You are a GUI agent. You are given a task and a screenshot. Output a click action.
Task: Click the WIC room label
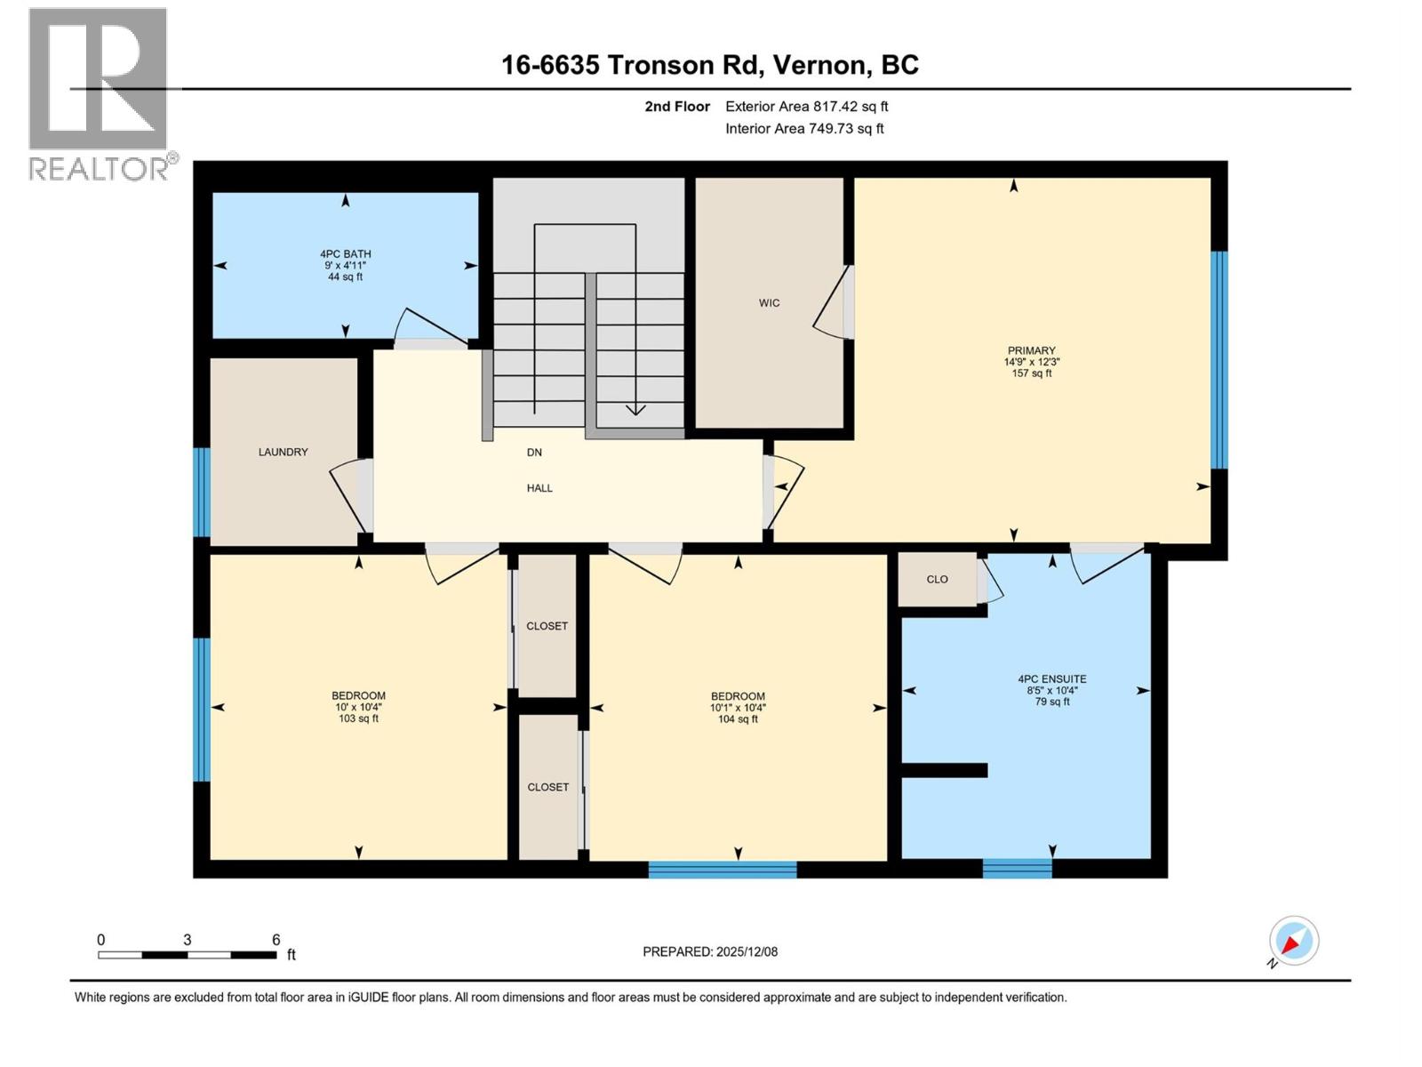(769, 303)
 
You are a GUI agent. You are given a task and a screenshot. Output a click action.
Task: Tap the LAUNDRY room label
(283, 452)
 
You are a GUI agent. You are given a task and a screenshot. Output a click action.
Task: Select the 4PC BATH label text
(345, 254)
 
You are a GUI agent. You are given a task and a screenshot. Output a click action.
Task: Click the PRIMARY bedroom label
(1031, 350)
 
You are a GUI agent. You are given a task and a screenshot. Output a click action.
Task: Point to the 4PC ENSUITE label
(1051, 678)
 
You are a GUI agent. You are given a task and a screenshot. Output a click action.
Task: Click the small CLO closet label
(937, 579)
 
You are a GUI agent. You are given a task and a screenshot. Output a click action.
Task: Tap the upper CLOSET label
(547, 626)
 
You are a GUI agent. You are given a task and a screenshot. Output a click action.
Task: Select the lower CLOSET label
(547, 787)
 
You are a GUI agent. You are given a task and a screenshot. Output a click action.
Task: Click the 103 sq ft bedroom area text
(358, 718)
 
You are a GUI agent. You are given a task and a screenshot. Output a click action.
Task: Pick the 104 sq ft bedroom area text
(738, 719)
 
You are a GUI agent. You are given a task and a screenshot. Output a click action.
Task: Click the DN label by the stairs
(534, 452)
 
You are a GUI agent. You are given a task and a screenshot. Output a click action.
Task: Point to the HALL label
(539, 487)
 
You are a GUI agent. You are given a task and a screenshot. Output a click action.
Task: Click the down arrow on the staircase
(635, 409)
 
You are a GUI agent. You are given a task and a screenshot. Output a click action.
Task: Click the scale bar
(187, 955)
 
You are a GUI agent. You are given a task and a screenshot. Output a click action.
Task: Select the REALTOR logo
(98, 93)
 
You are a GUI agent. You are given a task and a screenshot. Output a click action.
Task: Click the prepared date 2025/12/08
(746, 951)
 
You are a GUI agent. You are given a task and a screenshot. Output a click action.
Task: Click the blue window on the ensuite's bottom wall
(1017, 868)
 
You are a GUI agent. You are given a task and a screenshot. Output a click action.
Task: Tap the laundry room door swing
(351, 493)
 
